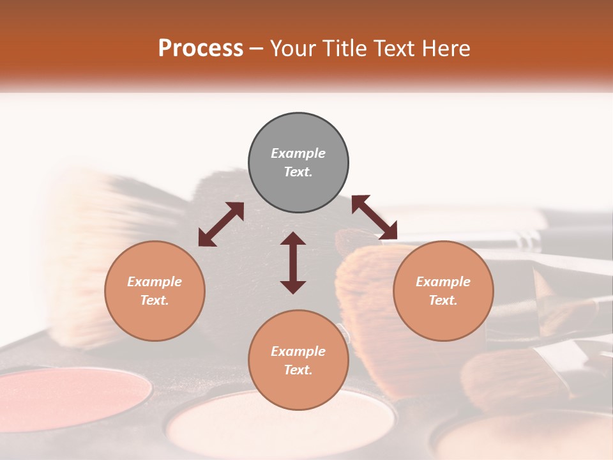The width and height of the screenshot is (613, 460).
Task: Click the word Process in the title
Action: point(201,49)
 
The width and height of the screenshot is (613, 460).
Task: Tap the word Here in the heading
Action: point(446,49)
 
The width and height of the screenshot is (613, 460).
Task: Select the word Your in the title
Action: point(293,49)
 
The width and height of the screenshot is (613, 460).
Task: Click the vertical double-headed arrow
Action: point(293,263)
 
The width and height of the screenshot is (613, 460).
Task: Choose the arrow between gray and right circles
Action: point(374,217)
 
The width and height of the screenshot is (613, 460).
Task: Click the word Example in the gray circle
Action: point(298,153)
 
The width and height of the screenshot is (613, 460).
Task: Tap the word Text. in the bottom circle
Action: point(298,370)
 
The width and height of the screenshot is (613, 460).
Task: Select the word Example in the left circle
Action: point(155,282)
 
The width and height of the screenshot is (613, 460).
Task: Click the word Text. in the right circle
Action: point(443,300)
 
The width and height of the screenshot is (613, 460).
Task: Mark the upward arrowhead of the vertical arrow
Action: point(293,239)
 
